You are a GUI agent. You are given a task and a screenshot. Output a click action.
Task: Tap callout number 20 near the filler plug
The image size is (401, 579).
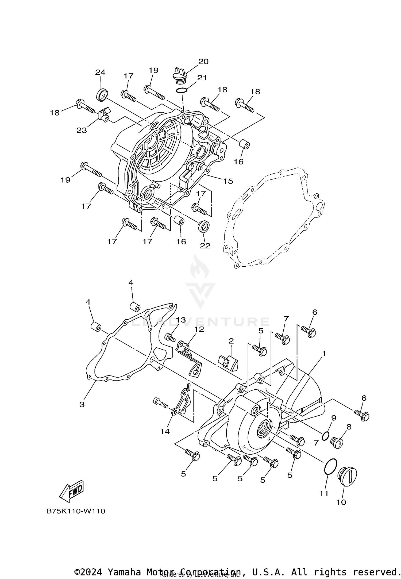(x=203, y=62)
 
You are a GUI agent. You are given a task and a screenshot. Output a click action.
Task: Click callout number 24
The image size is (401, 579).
(x=100, y=72)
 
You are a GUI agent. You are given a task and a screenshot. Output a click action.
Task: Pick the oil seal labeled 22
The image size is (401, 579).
(x=204, y=227)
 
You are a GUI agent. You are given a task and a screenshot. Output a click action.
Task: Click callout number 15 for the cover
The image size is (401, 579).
(x=228, y=181)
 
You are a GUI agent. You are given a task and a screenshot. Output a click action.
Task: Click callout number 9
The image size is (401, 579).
(x=333, y=418)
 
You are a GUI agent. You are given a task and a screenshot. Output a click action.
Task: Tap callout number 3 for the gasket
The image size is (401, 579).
(x=82, y=404)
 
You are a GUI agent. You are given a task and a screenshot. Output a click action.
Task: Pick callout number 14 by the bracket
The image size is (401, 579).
(x=165, y=431)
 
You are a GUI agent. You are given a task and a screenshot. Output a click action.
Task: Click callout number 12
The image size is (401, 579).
(x=199, y=329)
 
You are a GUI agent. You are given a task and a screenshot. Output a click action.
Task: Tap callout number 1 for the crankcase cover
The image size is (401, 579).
(x=324, y=354)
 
